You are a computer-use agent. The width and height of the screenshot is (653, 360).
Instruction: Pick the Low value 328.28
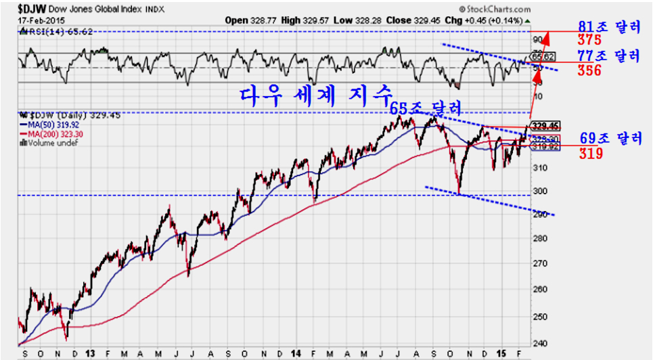click(369, 20)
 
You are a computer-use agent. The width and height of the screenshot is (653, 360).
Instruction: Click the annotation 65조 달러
click(426, 107)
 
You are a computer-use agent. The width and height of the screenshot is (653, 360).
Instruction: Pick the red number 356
click(589, 70)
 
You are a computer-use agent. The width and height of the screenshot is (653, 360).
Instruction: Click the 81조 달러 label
click(609, 27)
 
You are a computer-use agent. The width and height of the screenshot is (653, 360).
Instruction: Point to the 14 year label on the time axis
click(296, 353)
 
